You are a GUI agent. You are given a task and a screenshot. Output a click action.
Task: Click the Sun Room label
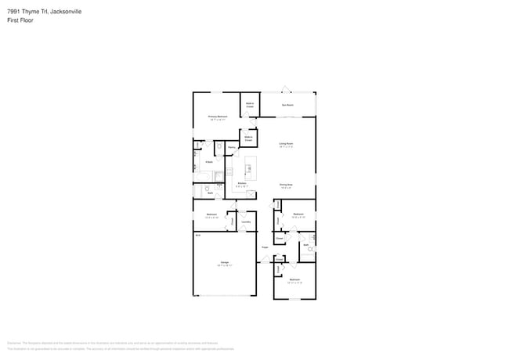(x=287, y=104)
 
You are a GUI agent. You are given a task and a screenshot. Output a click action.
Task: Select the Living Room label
(x=286, y=144)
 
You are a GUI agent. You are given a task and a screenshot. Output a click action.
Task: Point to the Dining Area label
(x=286, y=185)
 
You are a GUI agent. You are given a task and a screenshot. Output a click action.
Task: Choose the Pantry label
(x=232, y=147)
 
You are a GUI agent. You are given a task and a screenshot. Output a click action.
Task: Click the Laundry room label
(x=246, y=222)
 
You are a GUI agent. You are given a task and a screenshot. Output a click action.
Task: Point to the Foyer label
(x=265, y=247)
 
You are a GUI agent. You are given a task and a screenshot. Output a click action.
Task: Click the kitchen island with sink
(x=251, y=167)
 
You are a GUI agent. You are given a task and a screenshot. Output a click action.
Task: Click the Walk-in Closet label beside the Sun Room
(x=250, y=105)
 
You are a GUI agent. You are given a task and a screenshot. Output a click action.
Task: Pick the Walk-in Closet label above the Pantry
(x=248, y=138)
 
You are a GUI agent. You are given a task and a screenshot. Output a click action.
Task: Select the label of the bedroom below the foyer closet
(x=294, y=280)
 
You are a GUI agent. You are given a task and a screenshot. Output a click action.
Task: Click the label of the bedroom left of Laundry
(x=211, y=215)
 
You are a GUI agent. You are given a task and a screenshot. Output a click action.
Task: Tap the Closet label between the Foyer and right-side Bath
(x=279, y=238)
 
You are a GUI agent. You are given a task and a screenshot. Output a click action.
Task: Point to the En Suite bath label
(x=209, y=162)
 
